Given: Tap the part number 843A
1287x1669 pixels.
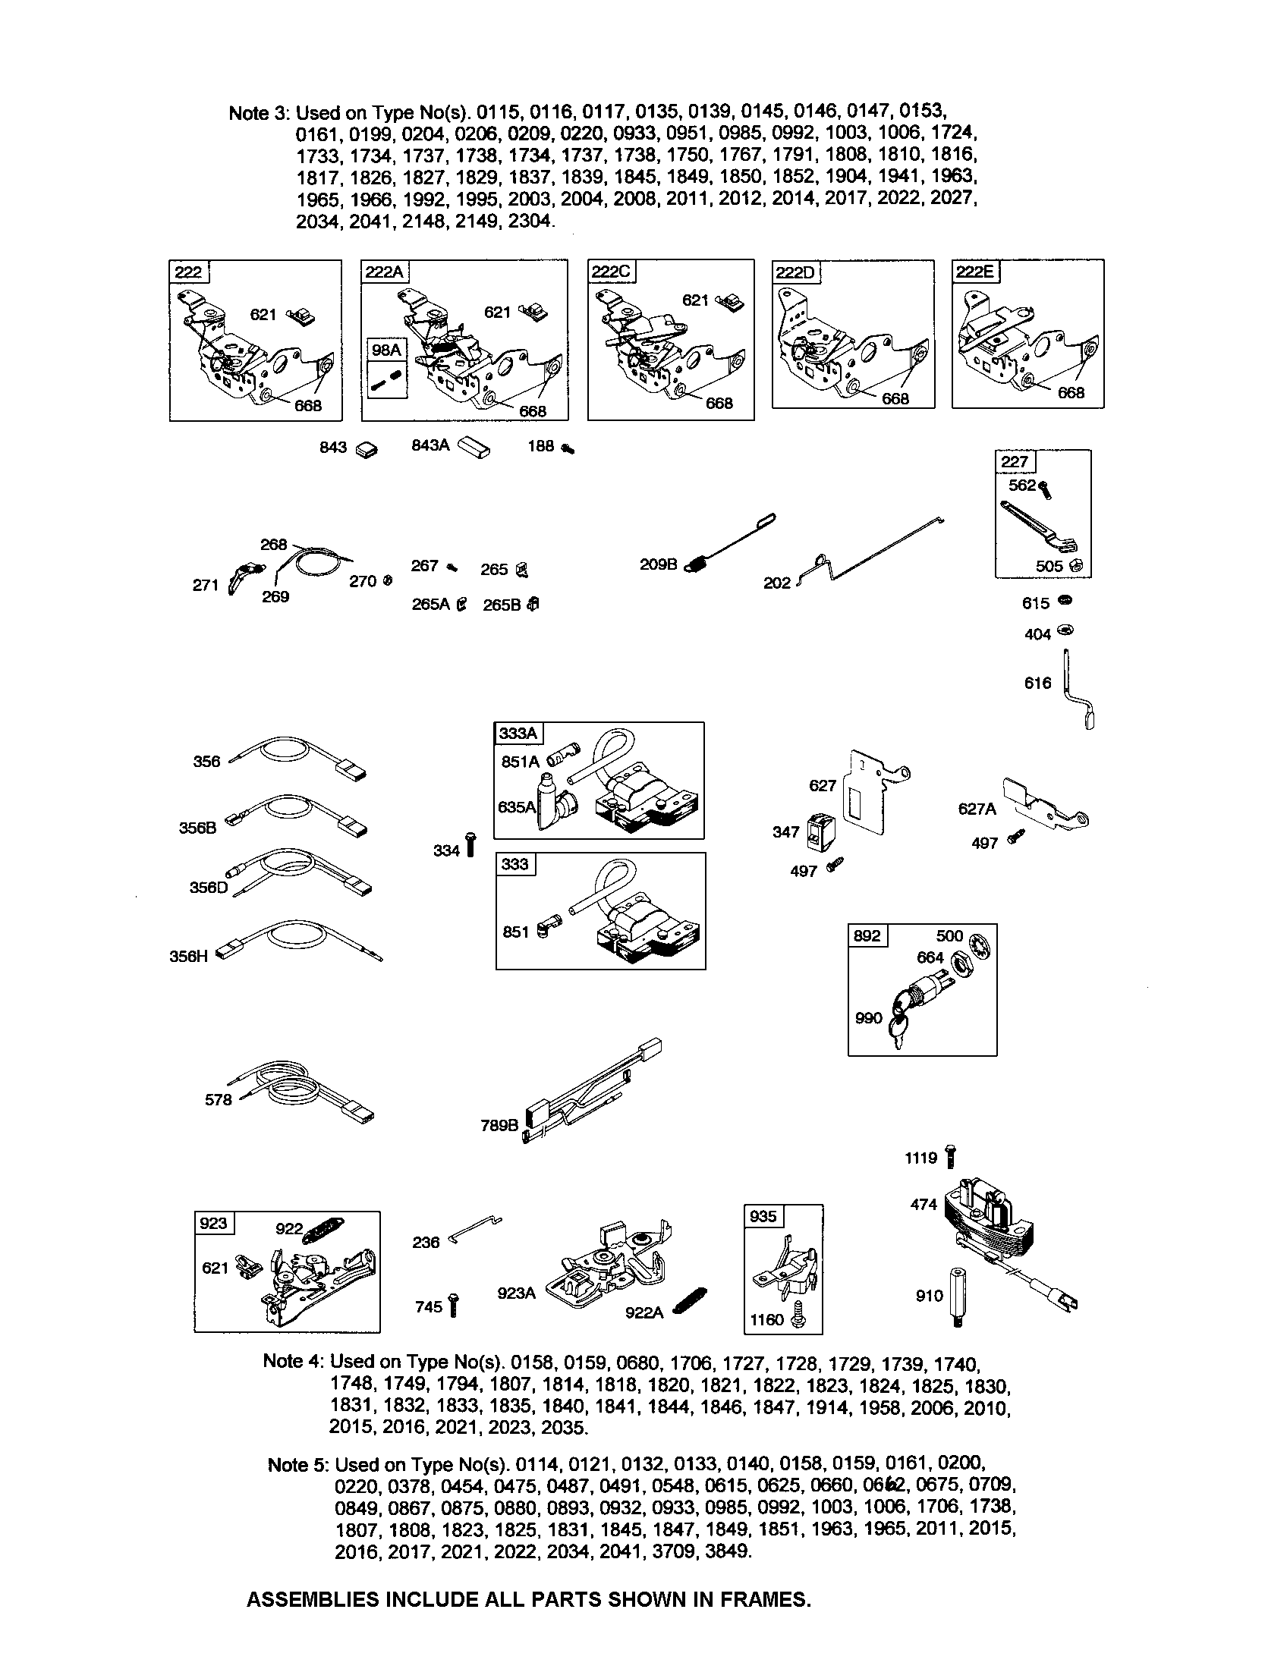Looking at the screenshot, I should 430,445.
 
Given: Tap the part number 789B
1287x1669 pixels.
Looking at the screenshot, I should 499,1125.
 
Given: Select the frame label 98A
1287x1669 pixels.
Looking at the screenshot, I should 386,350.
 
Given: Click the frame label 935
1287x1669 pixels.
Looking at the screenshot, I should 763,1217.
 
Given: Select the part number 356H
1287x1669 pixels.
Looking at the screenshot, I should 188,956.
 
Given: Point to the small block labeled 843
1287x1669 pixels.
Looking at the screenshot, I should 367,449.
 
